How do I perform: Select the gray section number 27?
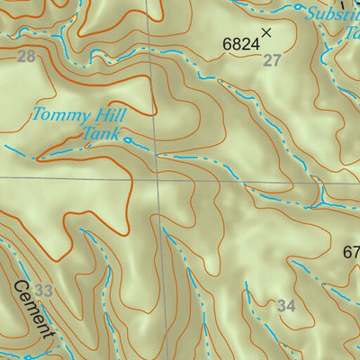coord(271,60)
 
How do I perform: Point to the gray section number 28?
coord(26,58)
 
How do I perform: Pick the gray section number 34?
coord(286,307)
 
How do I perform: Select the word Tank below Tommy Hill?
coord(101,133)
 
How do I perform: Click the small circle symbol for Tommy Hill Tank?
coord(128,140)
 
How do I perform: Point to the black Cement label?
coord(35,312)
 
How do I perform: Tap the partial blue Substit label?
coord(330,13)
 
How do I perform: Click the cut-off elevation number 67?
coord(351,254)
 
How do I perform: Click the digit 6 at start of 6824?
coord(226,42)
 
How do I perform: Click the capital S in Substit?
coord(310,13)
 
